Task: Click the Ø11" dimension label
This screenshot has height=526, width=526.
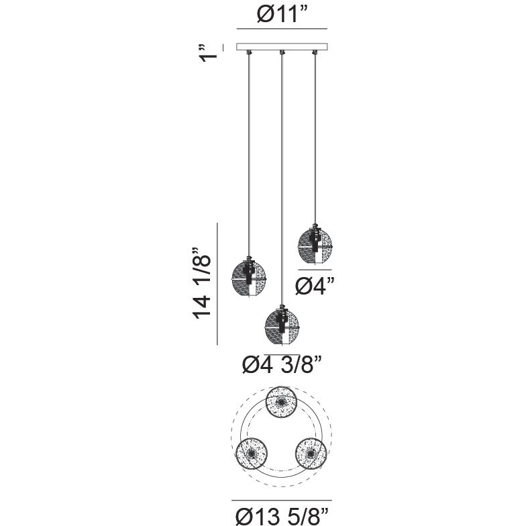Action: (282, 15)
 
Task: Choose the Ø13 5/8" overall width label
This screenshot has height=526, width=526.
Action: (282, 517)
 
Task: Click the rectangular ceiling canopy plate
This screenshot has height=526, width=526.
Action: (282, 47)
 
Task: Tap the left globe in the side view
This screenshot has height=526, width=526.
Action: (249, 277)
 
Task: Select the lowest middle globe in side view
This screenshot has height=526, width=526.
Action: (282, 325)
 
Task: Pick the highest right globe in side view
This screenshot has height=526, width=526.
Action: (315, 244)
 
